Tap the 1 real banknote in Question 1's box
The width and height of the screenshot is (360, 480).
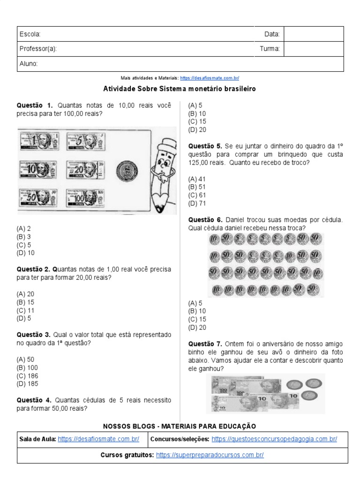click(x=39, y=142)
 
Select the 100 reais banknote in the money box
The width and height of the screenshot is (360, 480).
click(x=85, y=198)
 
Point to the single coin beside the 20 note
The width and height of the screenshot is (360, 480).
click(x=127, y=171)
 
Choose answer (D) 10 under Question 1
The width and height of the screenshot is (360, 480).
click(x=25, y=253)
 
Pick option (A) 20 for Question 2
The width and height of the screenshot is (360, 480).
click(x=25, y=294)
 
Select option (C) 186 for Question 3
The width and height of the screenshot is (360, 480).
click(x=27, y=376)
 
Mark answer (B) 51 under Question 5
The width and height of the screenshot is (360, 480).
click(x=197, y=187)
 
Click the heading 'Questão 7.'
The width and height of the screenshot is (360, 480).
click(x=205, y=344)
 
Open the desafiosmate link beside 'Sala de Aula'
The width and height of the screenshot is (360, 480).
click(x=98, y=439)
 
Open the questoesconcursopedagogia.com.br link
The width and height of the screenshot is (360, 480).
click(x=274, y=439)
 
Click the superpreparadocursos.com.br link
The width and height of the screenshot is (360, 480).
click(x=210, y=455)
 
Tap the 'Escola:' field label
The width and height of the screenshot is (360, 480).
click(x=30, y=34)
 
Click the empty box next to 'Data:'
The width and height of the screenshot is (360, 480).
click(x=314, y=34)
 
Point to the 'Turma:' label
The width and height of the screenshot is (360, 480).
click(x=270, y=49)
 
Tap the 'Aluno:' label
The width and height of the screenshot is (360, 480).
click(x=29, y=64)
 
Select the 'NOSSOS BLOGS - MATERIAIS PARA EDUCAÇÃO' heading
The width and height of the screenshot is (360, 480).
click(x=180, y=426)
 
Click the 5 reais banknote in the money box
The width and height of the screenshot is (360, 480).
click(x=86, y=142)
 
